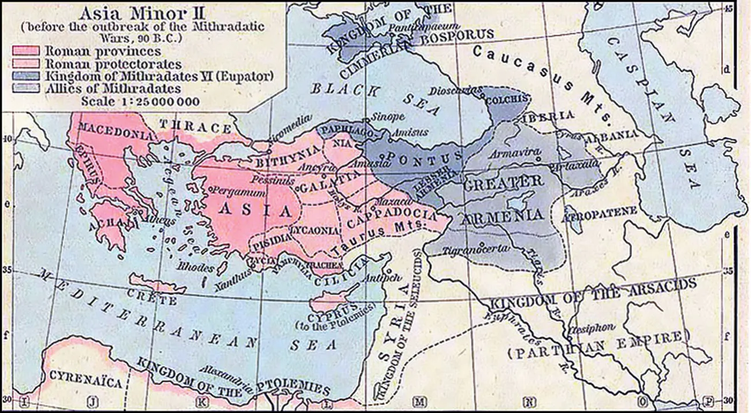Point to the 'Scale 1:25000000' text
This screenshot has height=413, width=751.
(x=140, y=102)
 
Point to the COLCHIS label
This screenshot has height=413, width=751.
(x=507, y=99)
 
